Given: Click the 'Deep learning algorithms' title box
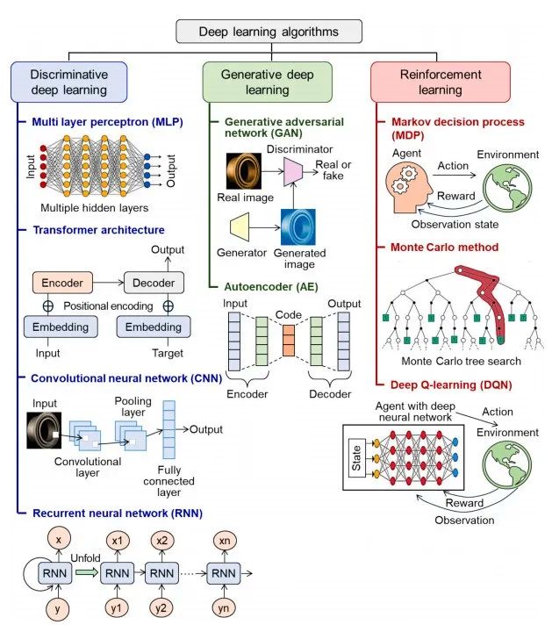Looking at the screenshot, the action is click(269, 32).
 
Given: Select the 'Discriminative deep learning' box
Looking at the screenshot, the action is click(69, 83).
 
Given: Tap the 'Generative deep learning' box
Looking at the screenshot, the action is click(267, 83).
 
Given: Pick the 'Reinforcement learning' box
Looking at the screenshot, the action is click(441, 83).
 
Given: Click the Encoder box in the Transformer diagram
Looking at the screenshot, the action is click(62, 283).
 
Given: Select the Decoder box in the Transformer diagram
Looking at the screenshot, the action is click(154, 283).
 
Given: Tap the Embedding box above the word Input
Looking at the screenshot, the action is click(61, 327).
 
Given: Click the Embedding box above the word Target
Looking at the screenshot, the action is click(154, 327).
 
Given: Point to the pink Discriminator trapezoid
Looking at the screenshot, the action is click(293, 172).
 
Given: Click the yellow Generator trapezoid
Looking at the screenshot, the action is click(240, 227).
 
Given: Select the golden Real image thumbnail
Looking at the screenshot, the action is click(244, 171).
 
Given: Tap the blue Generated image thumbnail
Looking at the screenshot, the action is click(298, 226).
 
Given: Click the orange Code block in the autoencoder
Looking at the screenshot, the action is click(289, 341).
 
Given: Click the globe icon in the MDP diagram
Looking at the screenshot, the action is click(507, 188).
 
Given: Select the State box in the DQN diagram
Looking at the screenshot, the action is click(356, 458).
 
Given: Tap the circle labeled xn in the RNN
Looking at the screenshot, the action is click(225, 541).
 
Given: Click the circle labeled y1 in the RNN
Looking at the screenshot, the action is click(117, 608).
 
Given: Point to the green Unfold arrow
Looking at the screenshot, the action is click(87, 573).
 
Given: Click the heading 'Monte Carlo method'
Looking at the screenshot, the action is click(444, 248).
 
